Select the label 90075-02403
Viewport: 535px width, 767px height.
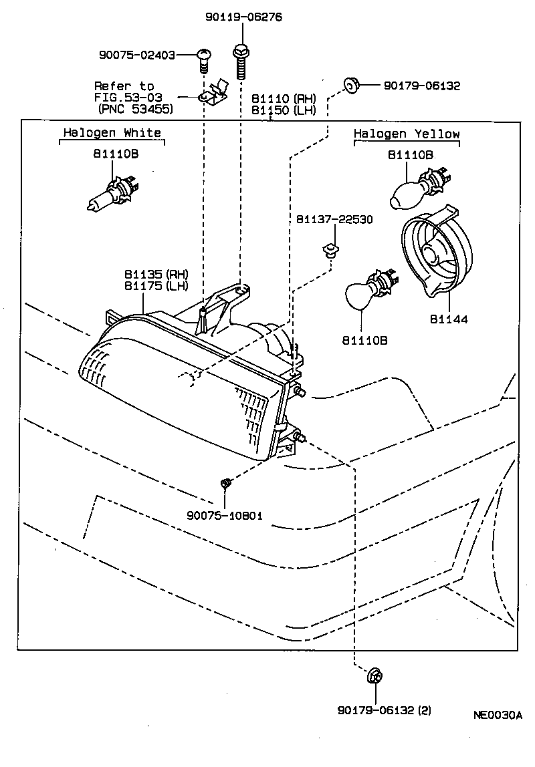[x=136, y=55]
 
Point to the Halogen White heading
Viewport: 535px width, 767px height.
[x=112, y=133]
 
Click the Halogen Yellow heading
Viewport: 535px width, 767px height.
[x=407, y=134]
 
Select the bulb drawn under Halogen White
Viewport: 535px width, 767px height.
[x=110, y=191]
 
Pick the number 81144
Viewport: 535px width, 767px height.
[x=448, y=319]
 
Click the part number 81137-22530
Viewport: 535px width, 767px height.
[x=334, y=219]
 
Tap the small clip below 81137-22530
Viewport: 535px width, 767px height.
[x=328, y=251]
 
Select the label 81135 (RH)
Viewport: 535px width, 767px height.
[x=156, y=275]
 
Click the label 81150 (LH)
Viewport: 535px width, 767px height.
[x=283, y=110]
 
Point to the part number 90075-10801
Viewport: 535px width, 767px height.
[x=225, y=516]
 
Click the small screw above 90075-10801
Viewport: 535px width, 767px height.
[x=225, y=482]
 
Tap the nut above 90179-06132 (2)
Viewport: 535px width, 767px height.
[x=373, y=677]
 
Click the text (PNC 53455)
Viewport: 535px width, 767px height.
[x=135, y=108]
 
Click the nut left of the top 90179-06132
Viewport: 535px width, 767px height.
[x=350, y=84]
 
